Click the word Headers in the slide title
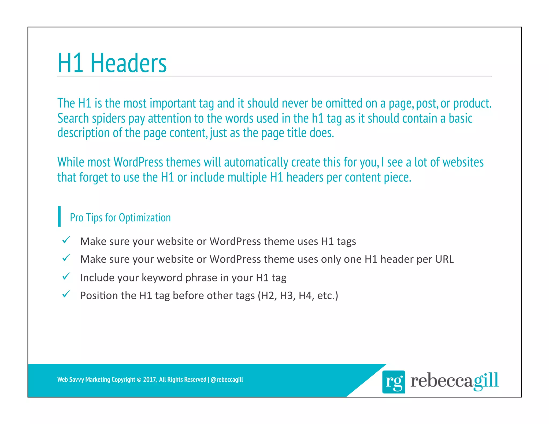[129, 63]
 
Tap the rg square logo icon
[394, 382]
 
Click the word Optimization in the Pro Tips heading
[145, 218]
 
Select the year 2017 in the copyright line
[149, 380]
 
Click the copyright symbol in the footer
[139, 380]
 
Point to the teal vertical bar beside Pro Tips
[59, 216]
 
